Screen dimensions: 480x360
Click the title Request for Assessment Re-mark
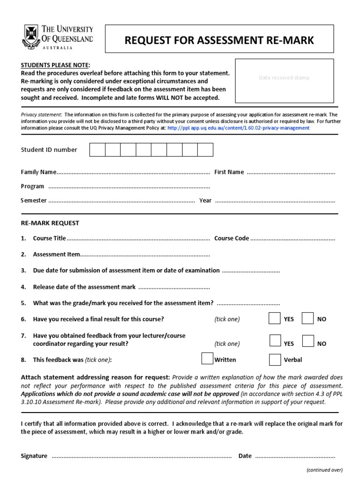219,41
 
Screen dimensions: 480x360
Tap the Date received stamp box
284,81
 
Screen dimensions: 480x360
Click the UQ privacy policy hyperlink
238,128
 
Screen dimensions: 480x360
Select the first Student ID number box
97,150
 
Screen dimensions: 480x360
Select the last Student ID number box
205,150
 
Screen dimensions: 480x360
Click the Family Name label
38,172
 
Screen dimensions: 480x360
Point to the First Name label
229,172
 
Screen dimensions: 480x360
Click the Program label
32,186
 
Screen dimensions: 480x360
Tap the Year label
205,200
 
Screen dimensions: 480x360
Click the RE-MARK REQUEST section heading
50,223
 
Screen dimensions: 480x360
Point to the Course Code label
232,238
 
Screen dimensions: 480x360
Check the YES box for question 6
275,318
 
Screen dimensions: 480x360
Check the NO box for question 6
307,318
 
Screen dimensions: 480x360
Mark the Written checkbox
207,359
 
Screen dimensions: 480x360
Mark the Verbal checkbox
275,359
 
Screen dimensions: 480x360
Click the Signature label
34,456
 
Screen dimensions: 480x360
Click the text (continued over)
324,470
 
